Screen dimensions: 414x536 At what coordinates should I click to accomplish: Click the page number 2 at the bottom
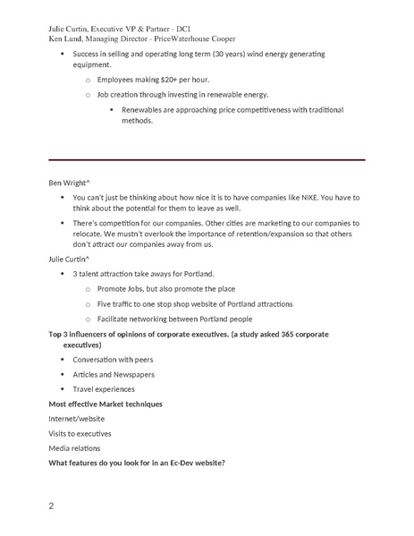click(51, 506)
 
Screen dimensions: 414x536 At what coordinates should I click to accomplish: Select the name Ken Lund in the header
click(66, 38)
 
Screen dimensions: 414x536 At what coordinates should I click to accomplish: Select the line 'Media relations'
click(74, 447)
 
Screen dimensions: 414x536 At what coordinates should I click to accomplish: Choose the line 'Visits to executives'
click(80, 433)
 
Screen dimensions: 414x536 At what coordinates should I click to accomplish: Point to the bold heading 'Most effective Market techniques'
click(106, 404)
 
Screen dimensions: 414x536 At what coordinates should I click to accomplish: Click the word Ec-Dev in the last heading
click(178, 462)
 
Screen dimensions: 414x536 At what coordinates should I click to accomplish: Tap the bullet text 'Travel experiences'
click(104, 388)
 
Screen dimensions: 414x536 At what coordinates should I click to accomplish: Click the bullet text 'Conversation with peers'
click(114, 360)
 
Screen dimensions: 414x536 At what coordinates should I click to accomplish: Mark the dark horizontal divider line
click(206, 159)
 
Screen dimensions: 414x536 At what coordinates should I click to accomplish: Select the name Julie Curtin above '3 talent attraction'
click(68, 259)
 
